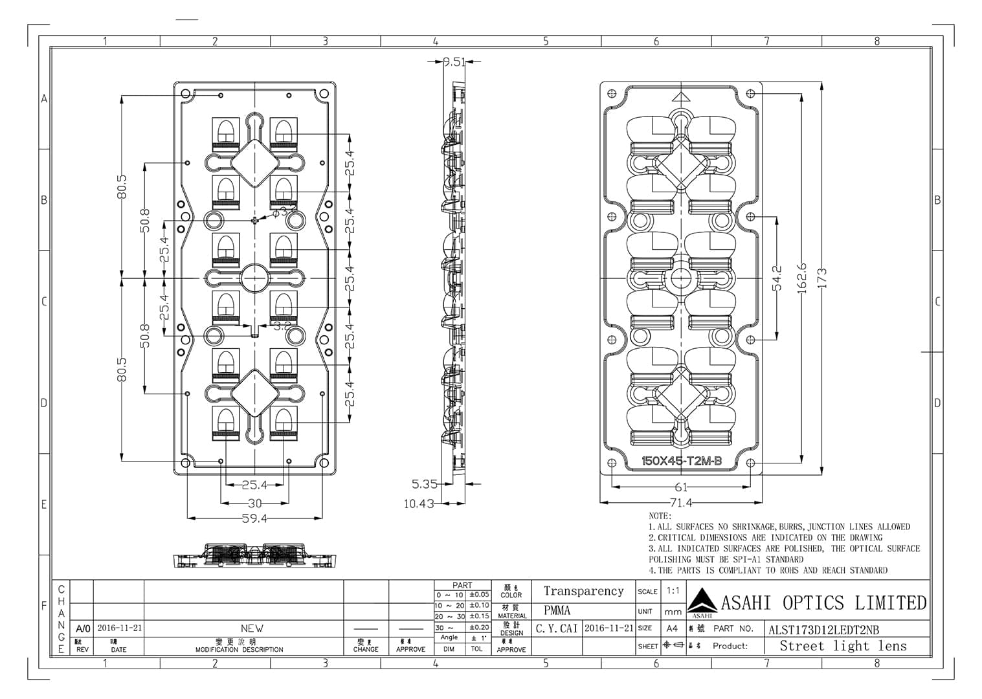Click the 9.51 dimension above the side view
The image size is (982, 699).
(454, 62)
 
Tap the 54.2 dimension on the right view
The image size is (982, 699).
(777, 278)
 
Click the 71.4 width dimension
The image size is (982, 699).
(680, 502)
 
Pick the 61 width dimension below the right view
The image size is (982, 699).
(681, 487)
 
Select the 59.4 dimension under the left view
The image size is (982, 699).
(254, 518)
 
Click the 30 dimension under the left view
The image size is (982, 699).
(254, 503)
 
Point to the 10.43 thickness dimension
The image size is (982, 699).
(419, 504)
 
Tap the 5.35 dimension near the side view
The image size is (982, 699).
(425, 483)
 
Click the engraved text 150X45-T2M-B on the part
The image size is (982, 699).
(681, 461)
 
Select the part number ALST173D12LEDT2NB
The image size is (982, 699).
(823, 630)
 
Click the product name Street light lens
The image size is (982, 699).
(843, 646)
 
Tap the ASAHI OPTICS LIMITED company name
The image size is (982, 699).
(823, 603)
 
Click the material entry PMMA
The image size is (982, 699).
(557, 610)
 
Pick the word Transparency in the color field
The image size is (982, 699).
(583, 591)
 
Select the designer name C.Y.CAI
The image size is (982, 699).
(557, 628)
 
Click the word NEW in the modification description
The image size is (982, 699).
(252, 628)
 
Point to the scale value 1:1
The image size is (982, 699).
(673, 591)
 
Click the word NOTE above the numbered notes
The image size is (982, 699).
(660, 516)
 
